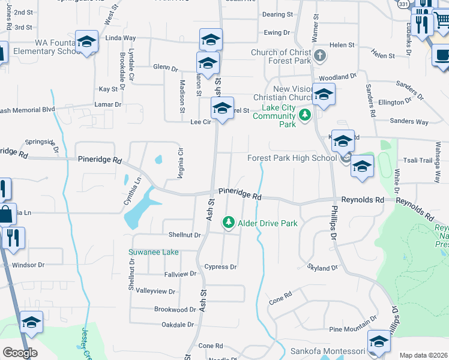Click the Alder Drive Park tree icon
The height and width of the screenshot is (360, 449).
click(228, 223)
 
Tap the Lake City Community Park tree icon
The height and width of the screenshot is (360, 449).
click(305, 114)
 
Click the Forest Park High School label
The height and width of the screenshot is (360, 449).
click(292, 158)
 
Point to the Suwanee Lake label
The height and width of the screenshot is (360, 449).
click(154, 253)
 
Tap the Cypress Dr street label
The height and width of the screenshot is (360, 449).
click(220, 266)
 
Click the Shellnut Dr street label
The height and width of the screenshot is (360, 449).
click(184, 235)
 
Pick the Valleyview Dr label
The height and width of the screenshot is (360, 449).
click(155, 292)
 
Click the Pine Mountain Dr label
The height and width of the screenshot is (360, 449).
click(352, 329)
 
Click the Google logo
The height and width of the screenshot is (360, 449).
click(20, 353)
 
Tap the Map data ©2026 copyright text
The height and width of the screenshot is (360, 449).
click(423, 355)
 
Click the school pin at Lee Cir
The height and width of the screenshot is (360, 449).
click(221, 109)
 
